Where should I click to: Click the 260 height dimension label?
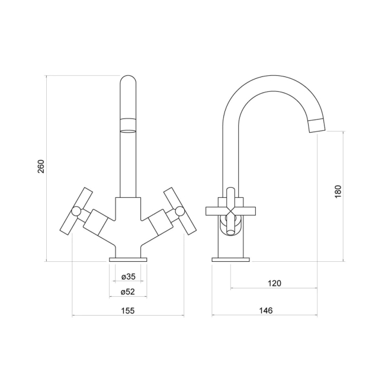[x=41, y=168]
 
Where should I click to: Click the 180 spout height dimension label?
[x=338, y=191]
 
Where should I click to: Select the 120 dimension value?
[x=274, y=283]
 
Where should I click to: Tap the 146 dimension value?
[x=265, y=310]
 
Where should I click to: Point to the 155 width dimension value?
[x=128, y=310]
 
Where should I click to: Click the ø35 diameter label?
[x=128, y=277]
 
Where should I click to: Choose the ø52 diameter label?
[x=128, y=291]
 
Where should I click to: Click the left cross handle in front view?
[x=76, y=211]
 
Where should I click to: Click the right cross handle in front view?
[x=179, y=211]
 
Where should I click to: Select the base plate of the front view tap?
[x=128, y=259]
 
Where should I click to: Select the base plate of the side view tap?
[x=232, y=259]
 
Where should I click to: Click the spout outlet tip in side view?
[x=317, y=125]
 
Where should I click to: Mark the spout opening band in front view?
[x=128, y=124]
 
